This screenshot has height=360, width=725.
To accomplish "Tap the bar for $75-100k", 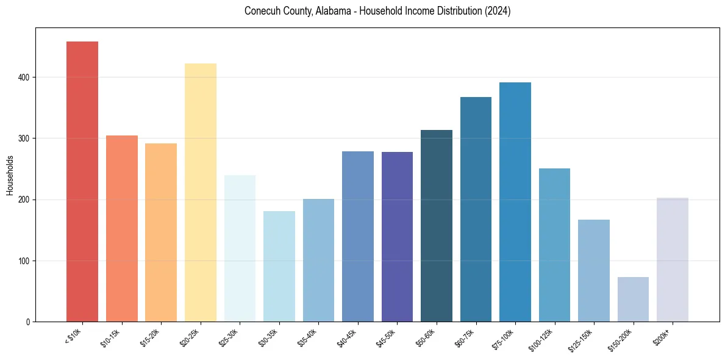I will click(515, 202).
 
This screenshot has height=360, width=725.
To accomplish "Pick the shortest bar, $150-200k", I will click(633, 300).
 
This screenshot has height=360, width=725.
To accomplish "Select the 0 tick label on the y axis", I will click(28, 322).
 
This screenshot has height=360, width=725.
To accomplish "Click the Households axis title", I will click(10, 175).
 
